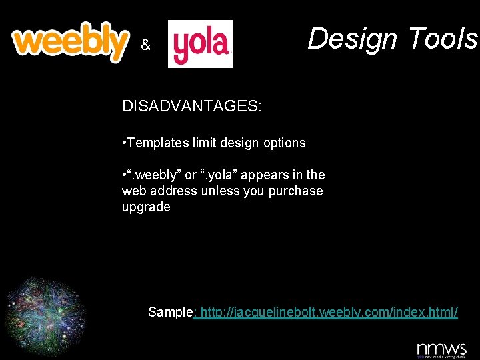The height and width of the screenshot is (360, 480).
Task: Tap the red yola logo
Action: [200, 44]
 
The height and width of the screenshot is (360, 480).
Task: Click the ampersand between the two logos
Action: [146, 45]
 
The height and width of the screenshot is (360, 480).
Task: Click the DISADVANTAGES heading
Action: [191, 106]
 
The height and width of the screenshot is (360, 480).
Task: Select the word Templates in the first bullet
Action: [155, 143]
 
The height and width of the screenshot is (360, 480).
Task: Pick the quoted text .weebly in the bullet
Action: [155, 175]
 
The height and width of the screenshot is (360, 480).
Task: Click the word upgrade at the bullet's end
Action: [146, 207]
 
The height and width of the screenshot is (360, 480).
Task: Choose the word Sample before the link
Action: [170, 312]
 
